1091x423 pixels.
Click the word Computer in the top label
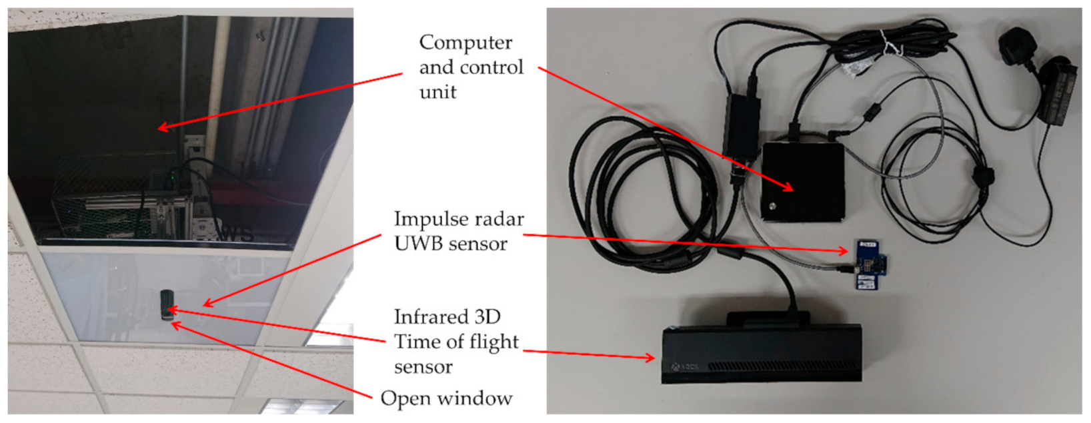(x=465, y=43)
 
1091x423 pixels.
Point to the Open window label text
(x=446, y=398)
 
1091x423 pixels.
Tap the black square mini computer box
(x=803, y=181)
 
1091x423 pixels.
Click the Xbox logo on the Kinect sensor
(x=676, y=367)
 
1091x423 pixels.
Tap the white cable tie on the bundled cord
(x=889, y=43)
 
